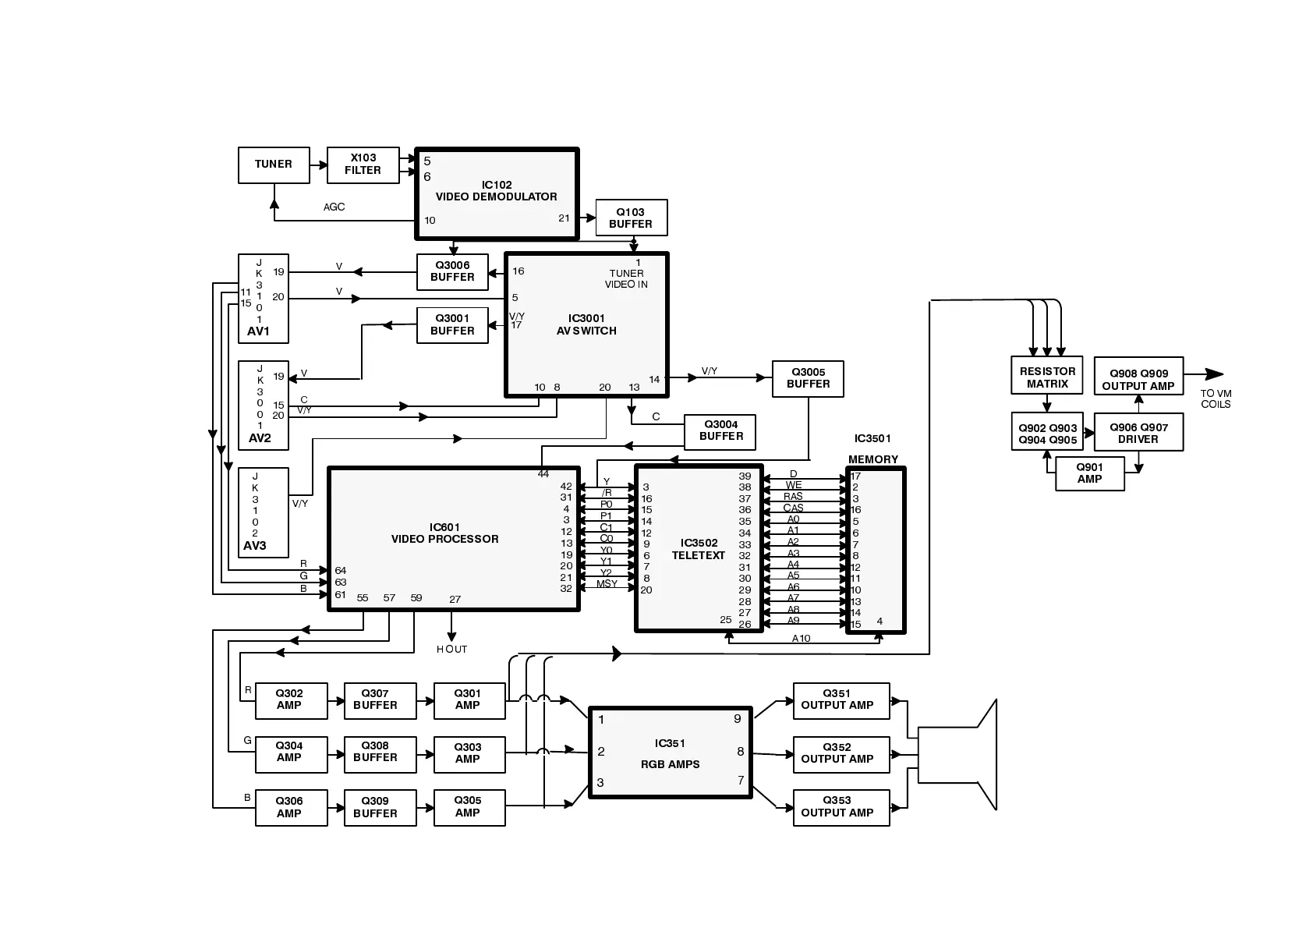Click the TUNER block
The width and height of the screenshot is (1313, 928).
[x=274, y=165]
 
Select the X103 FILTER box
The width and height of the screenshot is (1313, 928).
[x=363, y=165]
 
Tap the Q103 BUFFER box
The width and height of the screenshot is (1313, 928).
[x=631, y=218]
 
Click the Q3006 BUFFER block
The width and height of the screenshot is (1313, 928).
[x=452, y=271]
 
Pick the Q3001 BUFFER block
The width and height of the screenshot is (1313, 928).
[x=452, y=325]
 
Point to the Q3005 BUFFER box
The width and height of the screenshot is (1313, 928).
[x=808, y=378]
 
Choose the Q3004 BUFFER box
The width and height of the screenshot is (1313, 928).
[x=720, y=431]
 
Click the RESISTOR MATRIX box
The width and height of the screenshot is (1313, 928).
[x=1047, y=377]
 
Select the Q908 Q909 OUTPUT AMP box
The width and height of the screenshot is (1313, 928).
[x=1138, y=380]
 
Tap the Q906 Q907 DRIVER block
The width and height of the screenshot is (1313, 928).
[x=1138, y=433]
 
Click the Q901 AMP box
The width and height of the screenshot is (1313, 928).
[x=1089, y=473]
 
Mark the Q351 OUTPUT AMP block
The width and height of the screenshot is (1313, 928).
[x=841, y=700]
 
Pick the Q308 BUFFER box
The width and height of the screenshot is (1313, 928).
[x=375, y=753]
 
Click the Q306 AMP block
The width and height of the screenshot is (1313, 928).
[x=289, y=807]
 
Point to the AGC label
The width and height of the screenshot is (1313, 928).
[x=334, y=207]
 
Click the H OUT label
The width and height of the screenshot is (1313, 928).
[x=451, y=649]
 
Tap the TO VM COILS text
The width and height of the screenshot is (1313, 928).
[x=1216, y=398]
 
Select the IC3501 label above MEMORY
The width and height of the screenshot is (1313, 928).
[x=872, y=439]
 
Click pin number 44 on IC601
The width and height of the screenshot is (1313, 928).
[x=543, y=474]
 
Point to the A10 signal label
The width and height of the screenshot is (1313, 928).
[x=801, y=639]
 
